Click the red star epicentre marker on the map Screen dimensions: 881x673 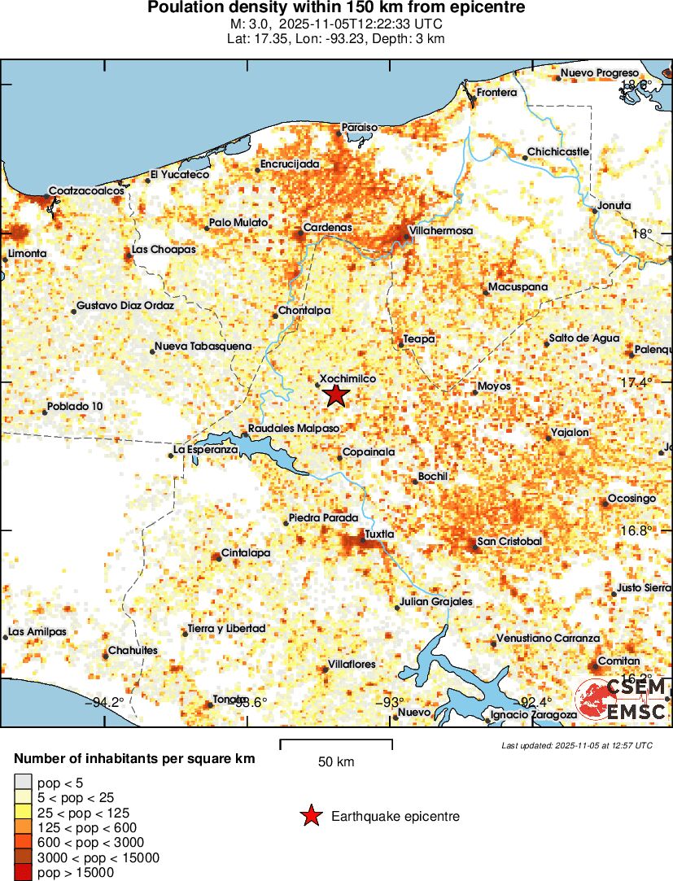pos(335,395)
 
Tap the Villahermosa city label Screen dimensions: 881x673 pos(440,231)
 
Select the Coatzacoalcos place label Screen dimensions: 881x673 pos(86,190)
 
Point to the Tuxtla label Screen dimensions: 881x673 pos(380,534)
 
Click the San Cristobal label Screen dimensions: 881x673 pos(509,541)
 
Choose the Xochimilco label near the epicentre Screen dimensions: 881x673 pos(347,379)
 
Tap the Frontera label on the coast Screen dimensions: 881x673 pos(496,93)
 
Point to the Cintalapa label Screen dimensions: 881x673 pos(247,553)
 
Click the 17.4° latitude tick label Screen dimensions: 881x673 pos(636,382)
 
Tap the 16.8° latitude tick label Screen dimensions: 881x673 pos(636,530)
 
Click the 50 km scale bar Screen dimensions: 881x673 pos(336,741)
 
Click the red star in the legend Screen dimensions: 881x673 pos(310,816)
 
